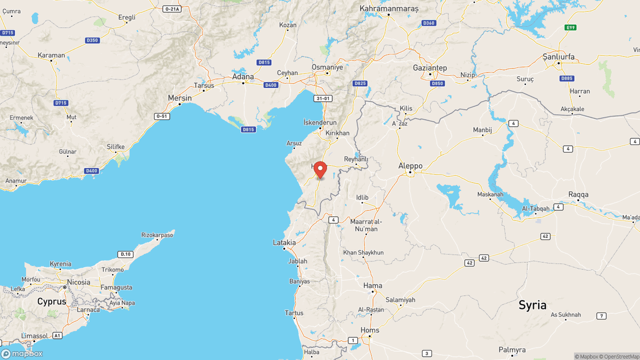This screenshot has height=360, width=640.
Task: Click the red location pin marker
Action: click(x=320, y=169)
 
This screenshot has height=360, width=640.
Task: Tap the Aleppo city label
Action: click(x=410, y=166)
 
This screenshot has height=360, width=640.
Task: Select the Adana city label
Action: click(x=243, y=76)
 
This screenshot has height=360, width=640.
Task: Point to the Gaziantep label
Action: click(x=430, y=68)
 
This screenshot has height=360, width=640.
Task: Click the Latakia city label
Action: click(x=284, y=242)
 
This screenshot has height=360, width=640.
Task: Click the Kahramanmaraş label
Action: click(x=389, y=8)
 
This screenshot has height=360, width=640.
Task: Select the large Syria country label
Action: click(x=533, y=305)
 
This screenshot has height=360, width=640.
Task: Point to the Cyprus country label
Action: click(x=52, y=301)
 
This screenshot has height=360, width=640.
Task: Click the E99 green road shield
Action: click(x=571, y=27)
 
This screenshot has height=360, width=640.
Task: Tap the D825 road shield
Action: click(x=361, y=83)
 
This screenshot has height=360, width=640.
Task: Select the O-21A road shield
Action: click(x=172, y=9)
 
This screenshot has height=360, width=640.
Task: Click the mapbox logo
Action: click(x=22, y=353)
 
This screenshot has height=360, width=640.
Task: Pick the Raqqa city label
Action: click(x=578, y=194)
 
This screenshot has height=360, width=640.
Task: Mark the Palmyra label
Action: click(x=512, y=350)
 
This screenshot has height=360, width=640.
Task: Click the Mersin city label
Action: click(x=180, y=98)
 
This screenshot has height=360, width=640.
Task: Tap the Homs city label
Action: click(x=370, y=330)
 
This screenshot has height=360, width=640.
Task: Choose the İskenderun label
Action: click(x=321, y=122)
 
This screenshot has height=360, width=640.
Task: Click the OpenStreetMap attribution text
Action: click(x=619, y=356)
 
